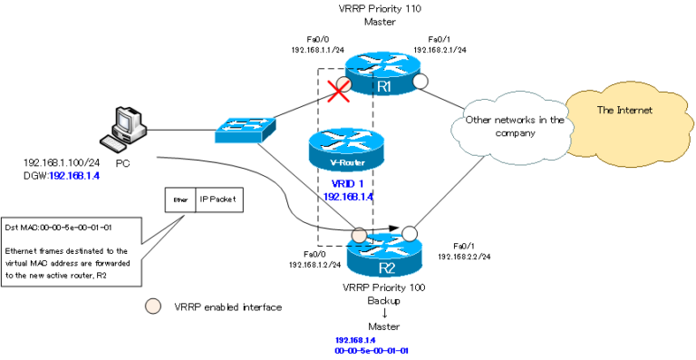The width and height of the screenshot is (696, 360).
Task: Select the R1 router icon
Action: point(383,73)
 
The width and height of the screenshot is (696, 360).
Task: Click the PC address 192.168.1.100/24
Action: point(60,163)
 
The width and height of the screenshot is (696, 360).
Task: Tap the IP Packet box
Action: point(219,199)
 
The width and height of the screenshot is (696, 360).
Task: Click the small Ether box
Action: point(180,199)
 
